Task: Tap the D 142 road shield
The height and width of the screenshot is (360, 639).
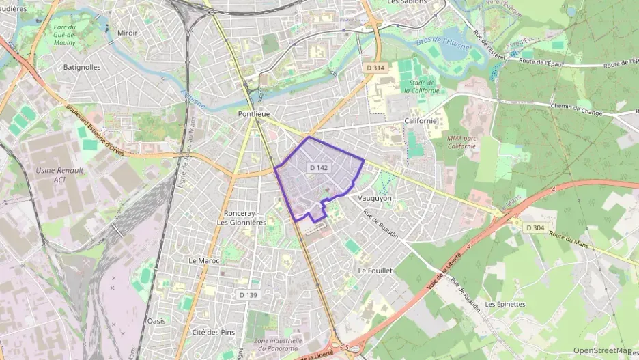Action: (319, 167)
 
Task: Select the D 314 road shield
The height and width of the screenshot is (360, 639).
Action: (375, 68)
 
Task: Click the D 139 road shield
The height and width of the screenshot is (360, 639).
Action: (249, 294)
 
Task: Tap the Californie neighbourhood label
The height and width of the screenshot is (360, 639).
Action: (420, 121)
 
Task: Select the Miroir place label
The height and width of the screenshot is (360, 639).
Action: (126, 32)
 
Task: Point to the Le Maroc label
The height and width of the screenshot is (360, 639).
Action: (201, 261)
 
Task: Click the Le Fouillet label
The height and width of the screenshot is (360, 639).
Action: (375, 271)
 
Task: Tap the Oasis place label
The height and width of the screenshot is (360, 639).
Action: (156, 320)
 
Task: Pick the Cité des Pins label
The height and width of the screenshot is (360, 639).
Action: (214, 333)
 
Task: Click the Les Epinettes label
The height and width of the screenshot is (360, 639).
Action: (505, 304)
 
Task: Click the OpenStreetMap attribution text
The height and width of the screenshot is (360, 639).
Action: (602, 350)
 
